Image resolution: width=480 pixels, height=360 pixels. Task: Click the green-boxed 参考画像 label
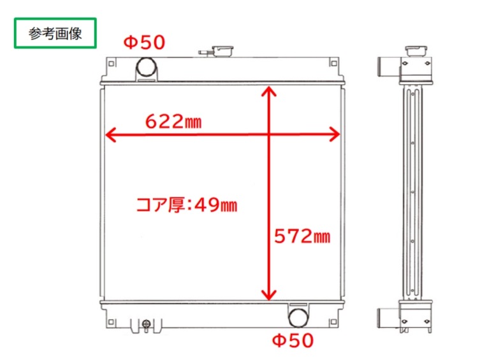55,34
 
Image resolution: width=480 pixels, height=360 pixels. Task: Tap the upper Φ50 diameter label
143,43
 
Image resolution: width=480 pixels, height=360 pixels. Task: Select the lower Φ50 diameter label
293,341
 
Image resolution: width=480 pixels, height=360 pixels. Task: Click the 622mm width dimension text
173,121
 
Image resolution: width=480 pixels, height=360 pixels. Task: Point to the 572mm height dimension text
302,236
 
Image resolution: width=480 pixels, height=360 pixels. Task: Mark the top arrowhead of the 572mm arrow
269,92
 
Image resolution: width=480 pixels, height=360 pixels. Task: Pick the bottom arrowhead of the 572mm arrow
269,294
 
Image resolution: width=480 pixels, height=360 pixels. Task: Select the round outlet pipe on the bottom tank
298,317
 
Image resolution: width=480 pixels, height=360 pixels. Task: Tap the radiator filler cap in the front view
222,50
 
